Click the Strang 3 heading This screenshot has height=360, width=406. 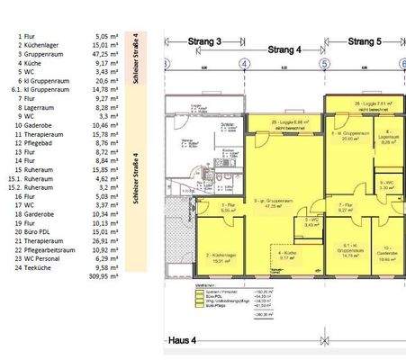(205, 40)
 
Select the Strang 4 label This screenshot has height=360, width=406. (285, 50)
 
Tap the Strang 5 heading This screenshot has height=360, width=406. (365, 40)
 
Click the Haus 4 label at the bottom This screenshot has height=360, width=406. (184, 341)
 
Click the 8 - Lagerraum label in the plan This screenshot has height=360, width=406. (391, 138)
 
